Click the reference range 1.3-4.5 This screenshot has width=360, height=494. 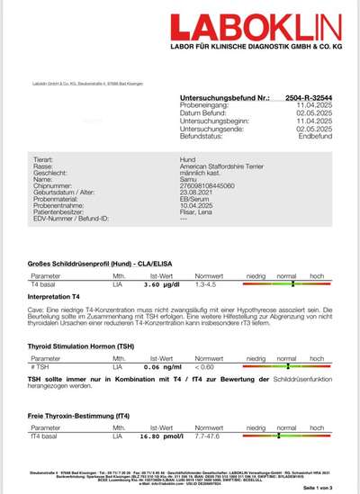pyautogui.click(x=208, y=283)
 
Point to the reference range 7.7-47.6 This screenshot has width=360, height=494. pyautogui.click(x=210, y=436)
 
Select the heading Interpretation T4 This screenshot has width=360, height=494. pyautogui.click(x=55, y=295)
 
